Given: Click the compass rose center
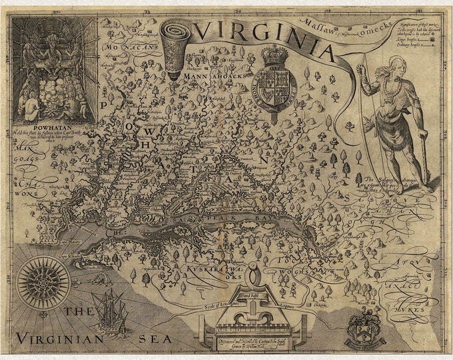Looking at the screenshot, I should tap(43, 283).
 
